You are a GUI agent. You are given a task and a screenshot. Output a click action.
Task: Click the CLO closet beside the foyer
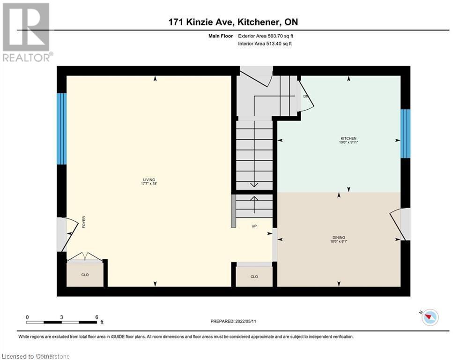[x=85, y=275]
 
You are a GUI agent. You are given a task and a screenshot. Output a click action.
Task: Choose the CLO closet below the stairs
[x=254, y=277]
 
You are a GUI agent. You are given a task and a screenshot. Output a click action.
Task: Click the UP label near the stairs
[x=254, y=226]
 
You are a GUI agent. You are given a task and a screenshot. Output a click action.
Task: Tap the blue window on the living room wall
[x=61, y=129]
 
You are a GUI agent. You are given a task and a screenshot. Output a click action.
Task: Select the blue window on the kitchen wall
[x=405, y=134]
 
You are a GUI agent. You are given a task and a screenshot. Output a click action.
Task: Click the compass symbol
[x=429, y=318]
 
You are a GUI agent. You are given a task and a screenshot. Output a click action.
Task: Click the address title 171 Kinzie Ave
[x=233, y=22]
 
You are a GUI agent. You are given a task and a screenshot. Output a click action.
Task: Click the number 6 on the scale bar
[x=96, y=317]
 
